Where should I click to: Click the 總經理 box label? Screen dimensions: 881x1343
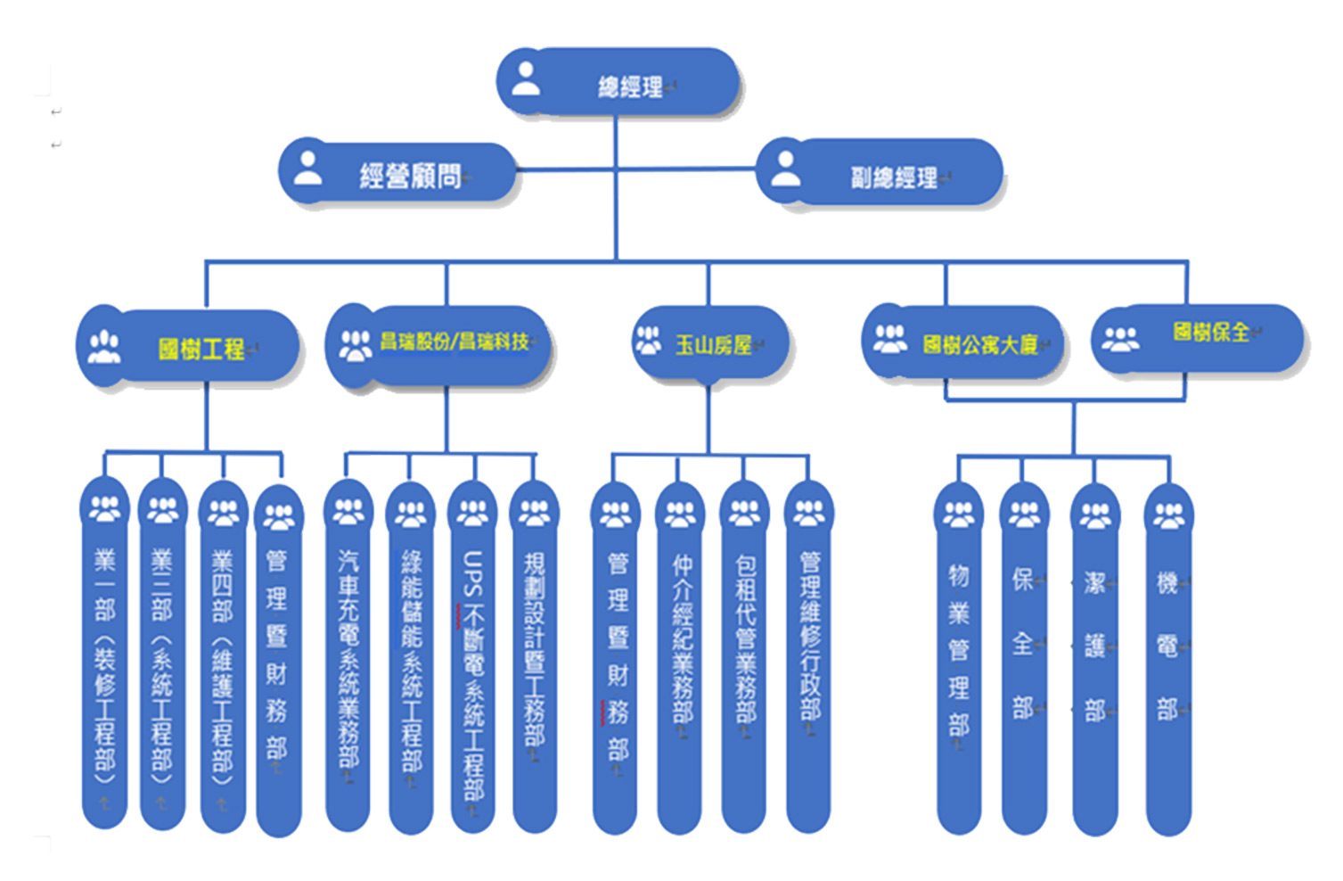(630, 86)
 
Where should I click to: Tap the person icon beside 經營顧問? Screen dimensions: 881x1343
(308, 169)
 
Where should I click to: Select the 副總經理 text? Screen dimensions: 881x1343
(893, 177)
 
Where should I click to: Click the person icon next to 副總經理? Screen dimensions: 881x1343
(785, 169)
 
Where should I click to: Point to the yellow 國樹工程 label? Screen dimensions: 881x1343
(201, 349)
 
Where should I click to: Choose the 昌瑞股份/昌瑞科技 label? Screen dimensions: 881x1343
(454, 342)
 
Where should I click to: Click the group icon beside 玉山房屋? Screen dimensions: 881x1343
(648, 340)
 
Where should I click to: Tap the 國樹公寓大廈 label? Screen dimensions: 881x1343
(979, 345)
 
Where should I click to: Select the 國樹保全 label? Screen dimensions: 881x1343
(1210, 333)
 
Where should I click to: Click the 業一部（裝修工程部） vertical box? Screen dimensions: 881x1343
(105, 660)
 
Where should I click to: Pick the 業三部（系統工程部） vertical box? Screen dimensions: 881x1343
(162, 660)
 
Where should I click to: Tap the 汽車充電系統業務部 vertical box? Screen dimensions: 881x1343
(348, 660)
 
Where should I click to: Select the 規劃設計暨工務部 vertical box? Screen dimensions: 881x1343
(534, 660)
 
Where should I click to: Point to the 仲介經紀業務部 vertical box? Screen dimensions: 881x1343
(681, 660)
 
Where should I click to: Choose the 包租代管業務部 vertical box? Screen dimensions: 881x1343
(745, 660)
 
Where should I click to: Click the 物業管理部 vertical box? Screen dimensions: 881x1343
(959, 660)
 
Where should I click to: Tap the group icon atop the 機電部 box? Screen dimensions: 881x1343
(1168, 514)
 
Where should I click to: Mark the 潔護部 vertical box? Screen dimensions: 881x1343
(1094, 660)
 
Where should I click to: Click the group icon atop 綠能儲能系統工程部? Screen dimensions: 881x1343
(411, 514)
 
